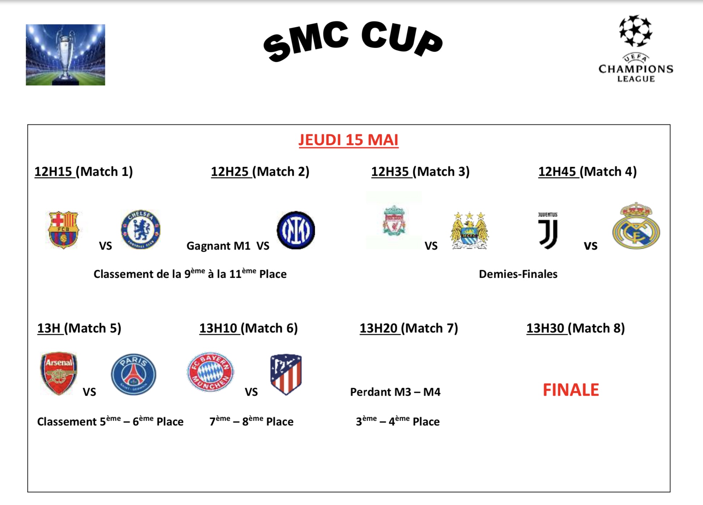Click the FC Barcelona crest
63,230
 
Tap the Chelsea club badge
141,229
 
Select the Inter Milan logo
296,230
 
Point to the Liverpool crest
394,221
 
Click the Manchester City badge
469,230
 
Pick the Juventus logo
548,230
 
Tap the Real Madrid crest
636,226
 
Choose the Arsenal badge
59,373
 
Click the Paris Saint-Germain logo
134,374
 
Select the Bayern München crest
211,372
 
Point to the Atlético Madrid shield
286,374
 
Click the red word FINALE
571,390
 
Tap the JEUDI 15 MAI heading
348,140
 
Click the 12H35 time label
390,171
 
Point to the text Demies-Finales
518,274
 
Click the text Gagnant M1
219,246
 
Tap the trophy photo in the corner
65,55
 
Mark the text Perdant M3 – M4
395,392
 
